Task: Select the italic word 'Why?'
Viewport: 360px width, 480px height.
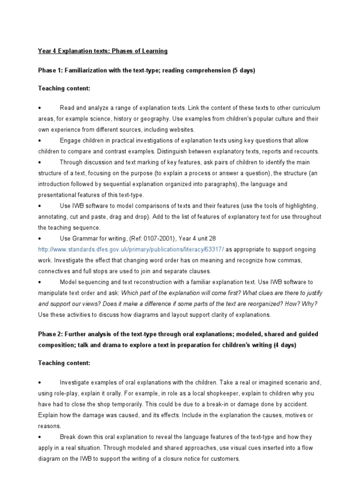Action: coord(310,304)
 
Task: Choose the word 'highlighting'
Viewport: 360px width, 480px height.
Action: coord(300,206)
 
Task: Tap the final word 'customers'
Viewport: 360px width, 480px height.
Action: coord(225,458)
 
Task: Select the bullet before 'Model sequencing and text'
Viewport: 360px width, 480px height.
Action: coord(40,282)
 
